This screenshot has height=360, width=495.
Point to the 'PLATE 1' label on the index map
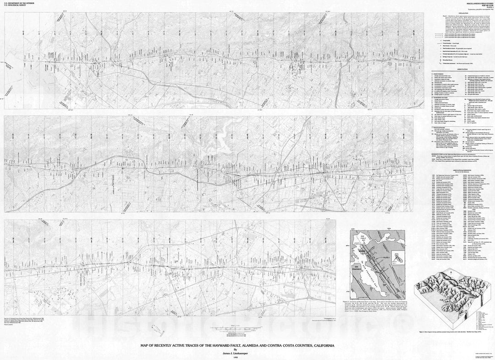[x=385, y=259]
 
